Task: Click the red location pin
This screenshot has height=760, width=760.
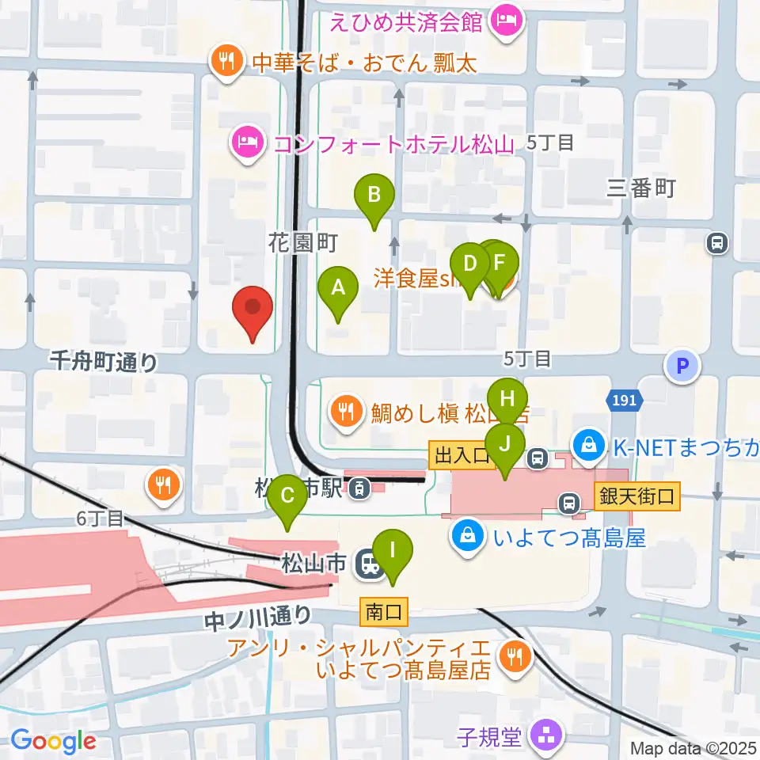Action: point(253,310)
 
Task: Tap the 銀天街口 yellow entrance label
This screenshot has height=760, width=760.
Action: point(636,497)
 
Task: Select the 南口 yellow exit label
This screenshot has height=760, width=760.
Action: point(385,611)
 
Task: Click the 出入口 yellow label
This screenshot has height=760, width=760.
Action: point(462,455)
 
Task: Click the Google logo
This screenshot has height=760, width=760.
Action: point(53,742)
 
